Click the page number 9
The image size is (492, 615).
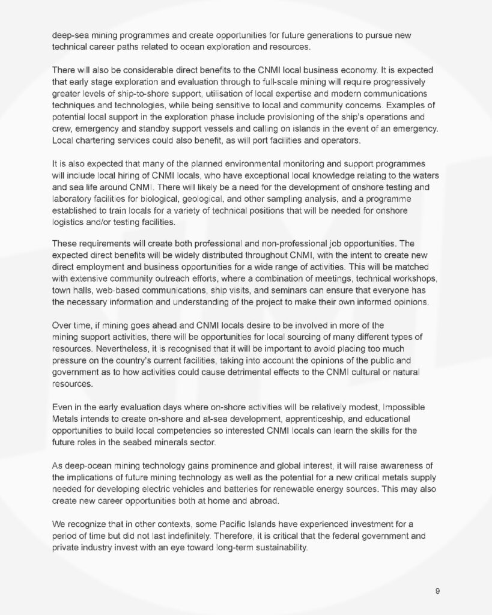438,591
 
